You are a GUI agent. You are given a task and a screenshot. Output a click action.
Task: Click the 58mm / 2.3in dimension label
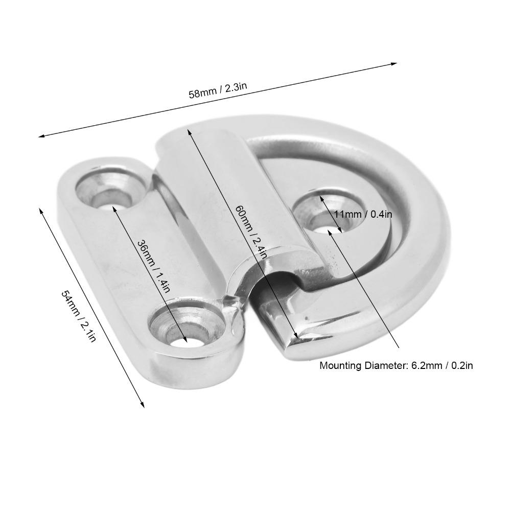click(218, 91)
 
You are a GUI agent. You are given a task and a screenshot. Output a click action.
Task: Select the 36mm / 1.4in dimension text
click(153, 266)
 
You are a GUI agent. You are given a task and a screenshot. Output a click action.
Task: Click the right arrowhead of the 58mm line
click(394, 63)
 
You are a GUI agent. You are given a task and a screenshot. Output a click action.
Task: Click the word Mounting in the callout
click(339, 365)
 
